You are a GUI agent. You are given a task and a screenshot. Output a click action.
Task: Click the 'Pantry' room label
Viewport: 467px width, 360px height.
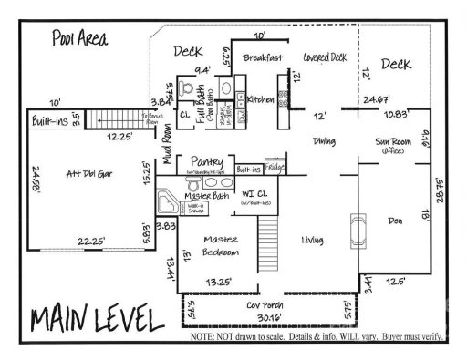point(207,161)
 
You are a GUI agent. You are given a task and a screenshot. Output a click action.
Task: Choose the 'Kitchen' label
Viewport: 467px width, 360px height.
point(261,99)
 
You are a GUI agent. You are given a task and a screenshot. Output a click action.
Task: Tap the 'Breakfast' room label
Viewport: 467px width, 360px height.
point(265,57)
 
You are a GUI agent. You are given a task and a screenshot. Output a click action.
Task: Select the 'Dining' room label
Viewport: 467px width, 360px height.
point(324,141)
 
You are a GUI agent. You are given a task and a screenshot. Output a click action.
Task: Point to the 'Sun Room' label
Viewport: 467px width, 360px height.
point(395,142)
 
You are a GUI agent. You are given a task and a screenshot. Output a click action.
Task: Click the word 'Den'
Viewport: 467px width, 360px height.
point(395,219)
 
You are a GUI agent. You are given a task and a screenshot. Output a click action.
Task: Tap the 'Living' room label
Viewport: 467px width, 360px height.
point(314,240)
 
